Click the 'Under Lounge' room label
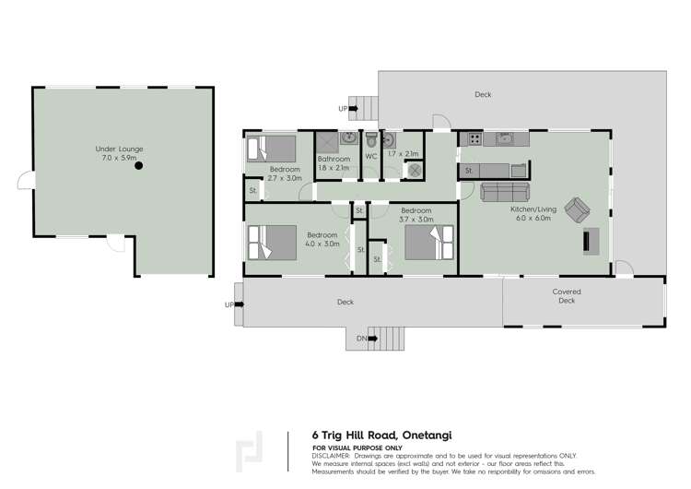120,149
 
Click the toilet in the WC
370,141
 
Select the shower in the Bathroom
326,142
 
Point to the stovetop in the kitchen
474,140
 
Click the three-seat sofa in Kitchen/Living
505,192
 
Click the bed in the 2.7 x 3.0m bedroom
271,149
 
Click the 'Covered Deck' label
567,296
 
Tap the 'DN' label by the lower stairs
362,340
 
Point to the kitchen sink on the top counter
505,139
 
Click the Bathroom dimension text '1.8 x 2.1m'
334,169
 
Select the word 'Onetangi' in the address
421,435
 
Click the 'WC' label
371,156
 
